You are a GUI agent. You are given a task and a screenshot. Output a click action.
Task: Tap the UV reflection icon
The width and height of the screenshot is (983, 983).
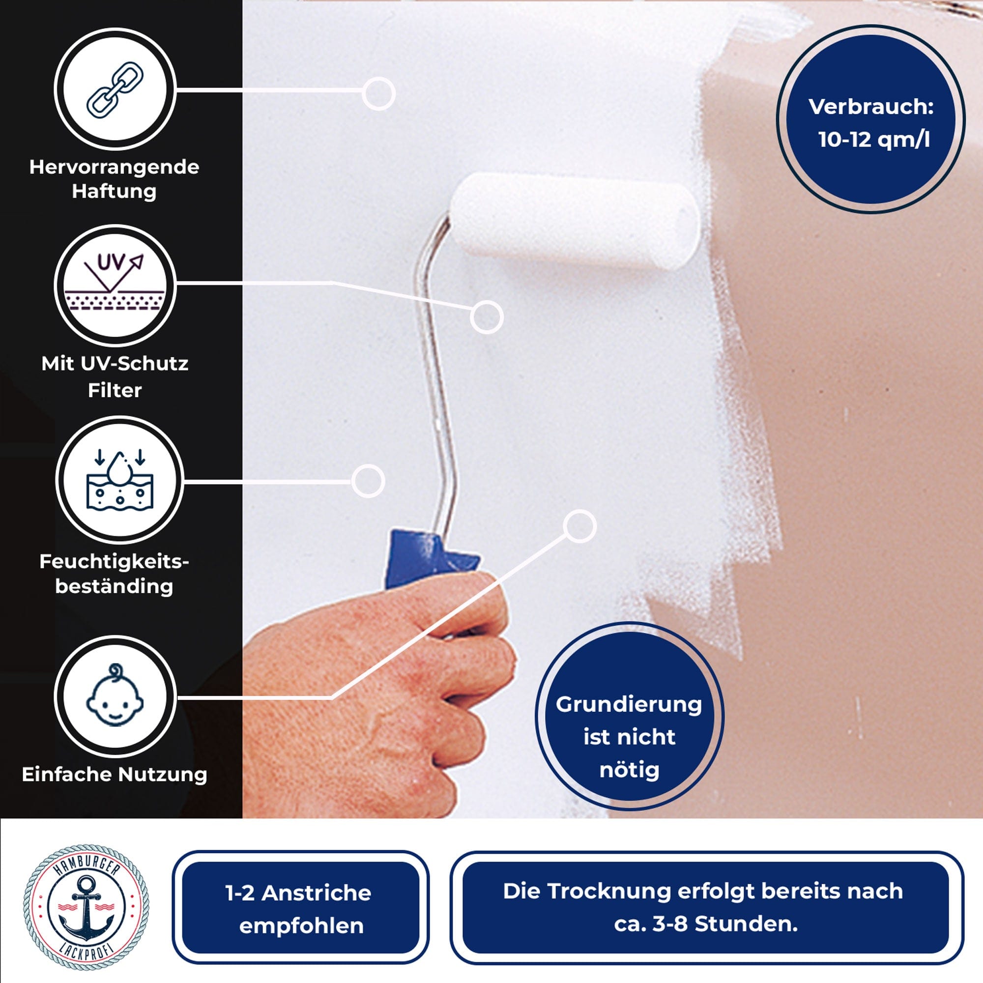click(115, 284)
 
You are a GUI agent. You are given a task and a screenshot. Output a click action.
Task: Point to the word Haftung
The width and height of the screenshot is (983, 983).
click(114, 192)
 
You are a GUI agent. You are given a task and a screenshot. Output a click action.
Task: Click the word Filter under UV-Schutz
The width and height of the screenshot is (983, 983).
click(115, 390)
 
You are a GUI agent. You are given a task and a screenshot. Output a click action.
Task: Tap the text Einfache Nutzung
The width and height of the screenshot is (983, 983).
click(115, 775)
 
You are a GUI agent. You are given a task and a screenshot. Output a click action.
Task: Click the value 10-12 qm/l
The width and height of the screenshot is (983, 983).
click(873, 140)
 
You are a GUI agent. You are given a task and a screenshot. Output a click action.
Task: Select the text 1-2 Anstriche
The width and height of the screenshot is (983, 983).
click(299, 893)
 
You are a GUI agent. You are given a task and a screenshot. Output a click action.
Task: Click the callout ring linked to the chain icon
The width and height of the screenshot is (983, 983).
click(378, 93)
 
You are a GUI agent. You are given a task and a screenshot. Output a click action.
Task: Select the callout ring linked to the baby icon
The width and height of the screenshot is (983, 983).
click(579, 526)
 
